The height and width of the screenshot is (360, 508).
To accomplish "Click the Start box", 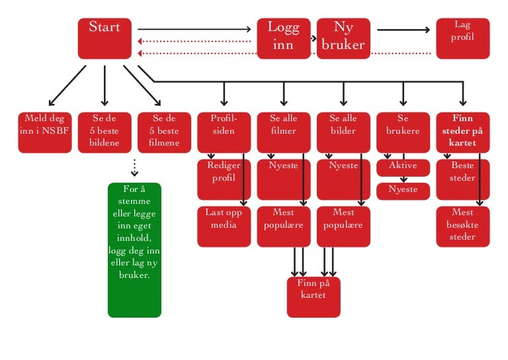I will [x=104, y=38].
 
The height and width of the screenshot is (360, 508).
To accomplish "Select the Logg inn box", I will [x=283, y=38].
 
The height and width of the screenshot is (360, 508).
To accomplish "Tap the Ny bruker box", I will [x=343, y=38].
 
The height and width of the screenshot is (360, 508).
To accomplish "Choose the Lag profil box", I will [x=462, y=38].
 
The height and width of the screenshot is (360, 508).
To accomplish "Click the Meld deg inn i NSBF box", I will [x=44, y=132].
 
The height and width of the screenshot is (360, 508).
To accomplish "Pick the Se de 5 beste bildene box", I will [x=104, y=132].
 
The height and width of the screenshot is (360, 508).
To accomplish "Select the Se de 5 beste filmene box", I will [x=163, y=132].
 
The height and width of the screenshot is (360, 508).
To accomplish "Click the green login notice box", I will [x=134, y=249].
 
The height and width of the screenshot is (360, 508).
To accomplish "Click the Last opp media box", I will [x=224, y=226].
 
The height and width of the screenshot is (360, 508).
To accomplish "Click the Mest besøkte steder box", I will [x=462, y=226].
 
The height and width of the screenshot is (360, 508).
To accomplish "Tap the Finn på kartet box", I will [x=313, y=296].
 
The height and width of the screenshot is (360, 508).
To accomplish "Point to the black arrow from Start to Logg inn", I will [x=195, y=29].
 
